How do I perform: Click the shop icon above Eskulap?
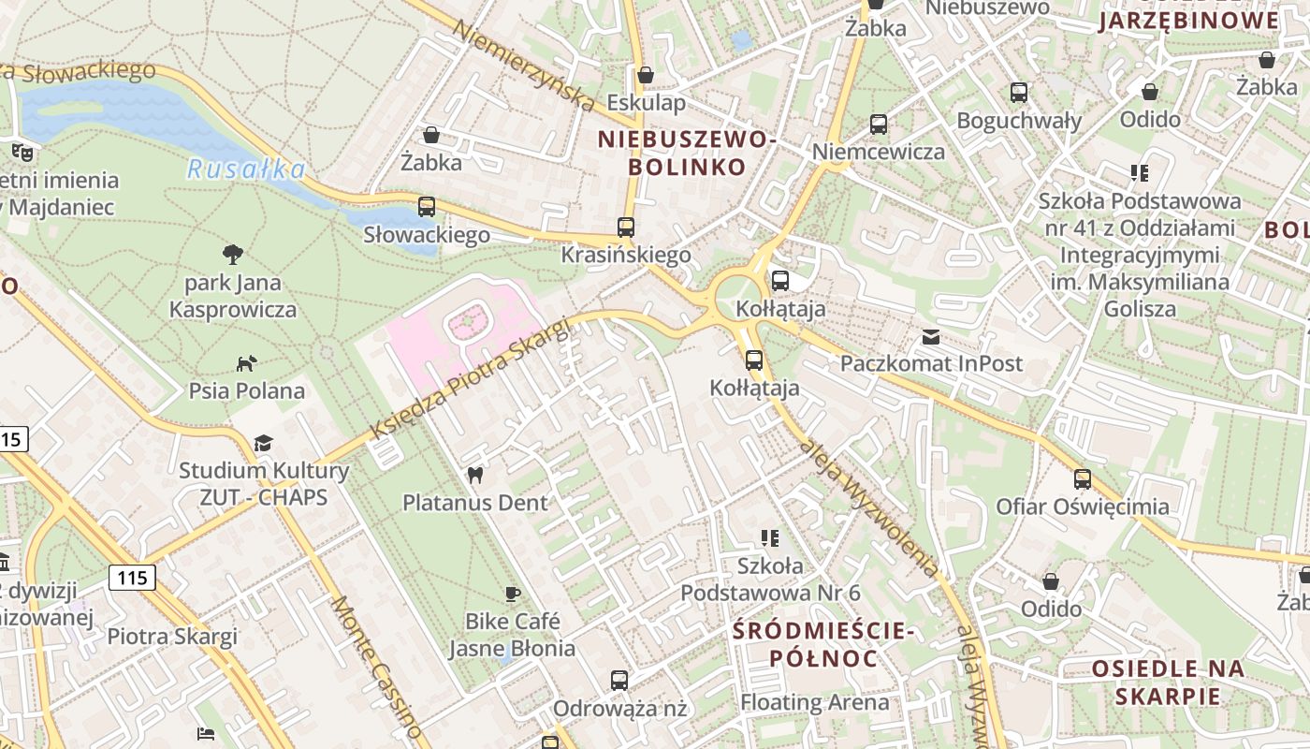point(645,75)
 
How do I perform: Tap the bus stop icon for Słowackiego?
point(427,207)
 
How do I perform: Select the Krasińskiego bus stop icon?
point(626,228)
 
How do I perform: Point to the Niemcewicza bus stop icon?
point(878,125)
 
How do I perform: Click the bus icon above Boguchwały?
point(1019,93)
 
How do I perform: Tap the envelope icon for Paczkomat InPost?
point(930,337)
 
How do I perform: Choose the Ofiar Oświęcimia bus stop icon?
point(1083,479)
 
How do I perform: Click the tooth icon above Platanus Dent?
point(474,475)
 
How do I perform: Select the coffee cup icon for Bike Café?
point(512,593)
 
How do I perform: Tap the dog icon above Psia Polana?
point(246,363)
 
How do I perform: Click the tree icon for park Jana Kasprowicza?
point(233,254)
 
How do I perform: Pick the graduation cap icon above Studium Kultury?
point(264,443)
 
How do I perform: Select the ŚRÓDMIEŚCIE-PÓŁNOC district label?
point(823,644)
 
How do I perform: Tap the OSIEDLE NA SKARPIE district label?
point(1168,683)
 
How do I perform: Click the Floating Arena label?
point(815,702)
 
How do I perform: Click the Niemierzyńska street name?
point(523,63)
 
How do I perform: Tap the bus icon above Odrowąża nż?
point(619,681)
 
